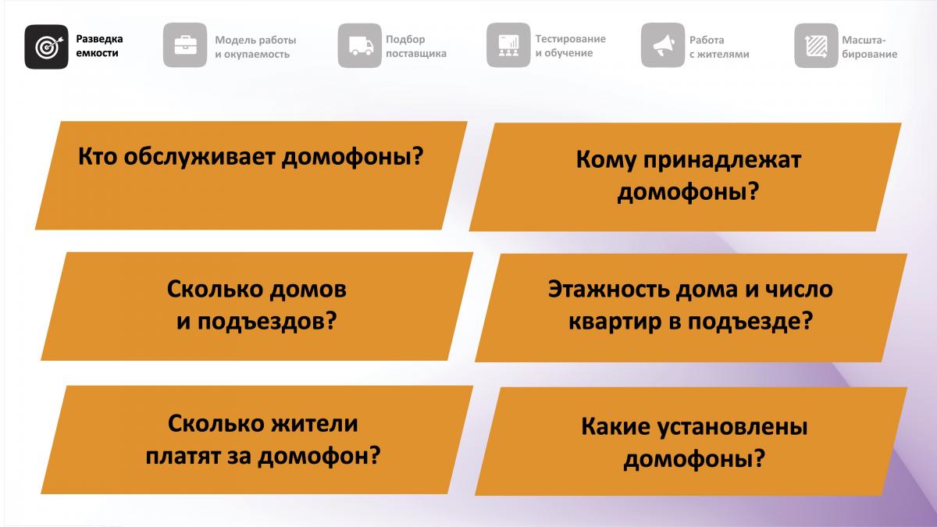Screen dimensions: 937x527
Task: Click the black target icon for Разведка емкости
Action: pos(46,46)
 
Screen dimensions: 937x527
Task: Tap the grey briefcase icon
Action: pos(185,45)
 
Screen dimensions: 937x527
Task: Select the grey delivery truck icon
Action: pos(360,45)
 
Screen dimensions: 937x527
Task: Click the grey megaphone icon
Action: pos(663,45)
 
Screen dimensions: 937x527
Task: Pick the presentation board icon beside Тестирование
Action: pos(508,45)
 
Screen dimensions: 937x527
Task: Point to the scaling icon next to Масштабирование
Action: pos(816,45)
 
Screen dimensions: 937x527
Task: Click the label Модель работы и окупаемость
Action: pos(255,47)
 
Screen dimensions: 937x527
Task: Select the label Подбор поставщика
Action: pos(415,46)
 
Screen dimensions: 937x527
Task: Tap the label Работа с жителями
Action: pos(719,47)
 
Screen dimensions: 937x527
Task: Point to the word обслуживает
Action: pos(200,157)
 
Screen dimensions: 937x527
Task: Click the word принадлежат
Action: pos(722,161)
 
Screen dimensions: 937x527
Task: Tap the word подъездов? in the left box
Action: pos(267,322)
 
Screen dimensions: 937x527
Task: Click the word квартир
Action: pos(615,322)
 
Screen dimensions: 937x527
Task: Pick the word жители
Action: pos(315,424)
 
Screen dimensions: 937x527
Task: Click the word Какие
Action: pos(615,427)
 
